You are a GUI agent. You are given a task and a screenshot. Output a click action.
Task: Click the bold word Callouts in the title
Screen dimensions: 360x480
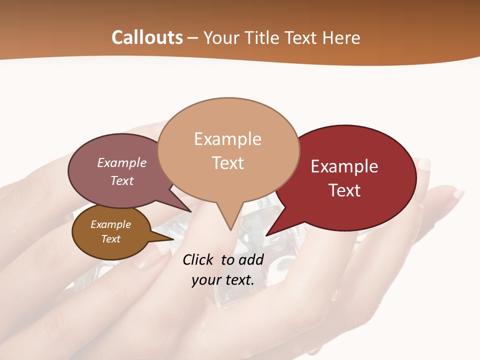coord(147,37)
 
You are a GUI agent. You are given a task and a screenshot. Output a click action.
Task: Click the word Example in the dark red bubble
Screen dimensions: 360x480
coord(344,166)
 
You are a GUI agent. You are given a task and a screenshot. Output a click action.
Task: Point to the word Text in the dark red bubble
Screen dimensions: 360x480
coord(344,190)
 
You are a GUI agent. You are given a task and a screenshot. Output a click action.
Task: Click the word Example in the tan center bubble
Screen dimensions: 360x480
coord(227,139)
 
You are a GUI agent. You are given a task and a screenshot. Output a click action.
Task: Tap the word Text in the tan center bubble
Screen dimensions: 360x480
coord(227,163)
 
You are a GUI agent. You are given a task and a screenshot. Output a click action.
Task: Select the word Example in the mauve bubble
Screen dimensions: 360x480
coord(121,162)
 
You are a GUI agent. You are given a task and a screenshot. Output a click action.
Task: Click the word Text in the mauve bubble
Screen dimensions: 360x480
coord(121,180)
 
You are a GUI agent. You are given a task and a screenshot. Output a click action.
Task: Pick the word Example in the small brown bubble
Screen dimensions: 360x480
coord(110,224)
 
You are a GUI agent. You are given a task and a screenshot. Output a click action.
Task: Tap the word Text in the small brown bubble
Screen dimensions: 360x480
coord(110,239)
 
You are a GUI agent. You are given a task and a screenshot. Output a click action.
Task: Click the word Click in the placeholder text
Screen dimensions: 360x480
coord(199,259)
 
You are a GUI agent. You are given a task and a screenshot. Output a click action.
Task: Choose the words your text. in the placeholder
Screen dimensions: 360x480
coord(223,280)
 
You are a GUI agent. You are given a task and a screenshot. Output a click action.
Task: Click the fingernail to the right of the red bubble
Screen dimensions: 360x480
coord(458,193)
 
